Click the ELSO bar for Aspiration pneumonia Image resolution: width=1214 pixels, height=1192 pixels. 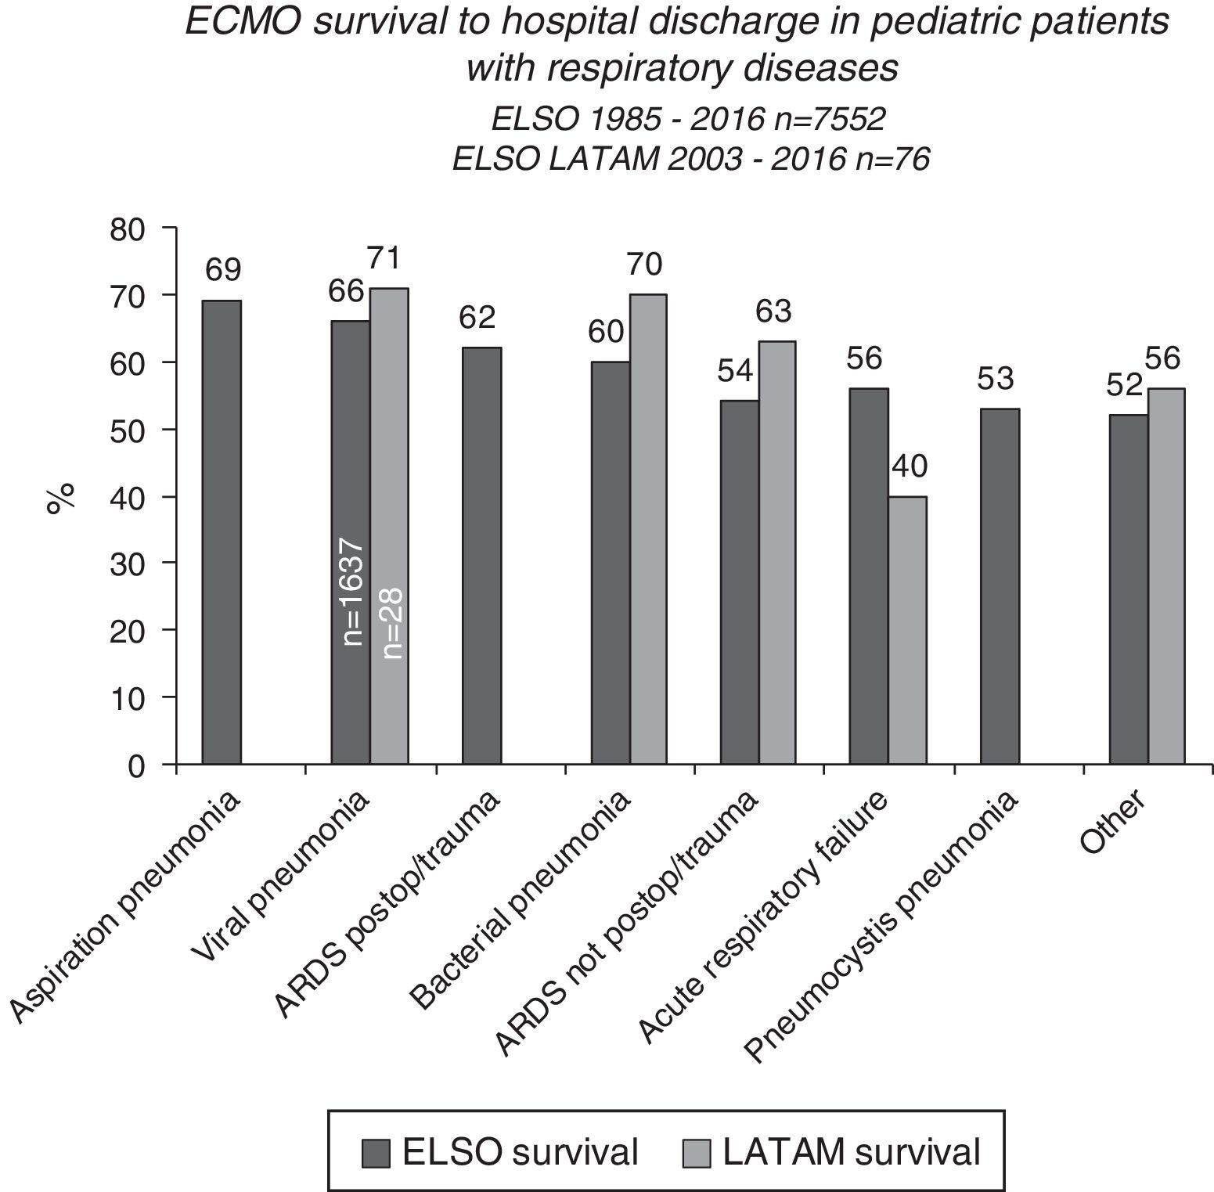pyautogui.click(x=222, y=532)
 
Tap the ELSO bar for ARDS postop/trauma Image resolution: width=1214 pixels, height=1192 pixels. pyautogui.click(x=481, y=556)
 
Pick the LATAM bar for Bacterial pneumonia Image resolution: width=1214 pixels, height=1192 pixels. pyautogui.click(x=648, y=529)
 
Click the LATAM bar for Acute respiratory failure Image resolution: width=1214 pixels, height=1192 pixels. pyautogui.click(x=907, y=630)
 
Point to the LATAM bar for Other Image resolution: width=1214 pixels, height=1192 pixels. pyautogui.click(x=1166, y=576)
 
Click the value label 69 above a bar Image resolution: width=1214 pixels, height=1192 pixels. pyautogui.click(x=223, y=271)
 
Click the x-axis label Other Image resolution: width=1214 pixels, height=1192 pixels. pyautogui.click(x=1112, y=821)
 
